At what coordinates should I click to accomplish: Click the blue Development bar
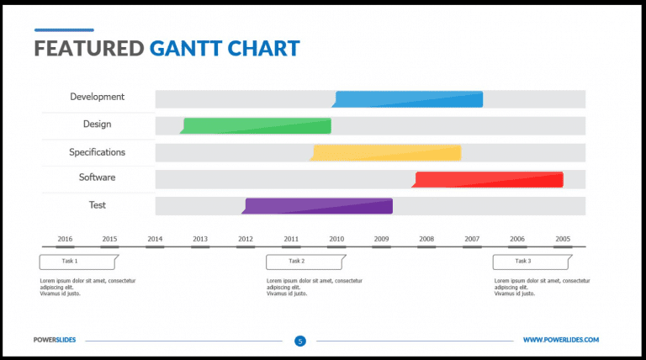coord(409,99)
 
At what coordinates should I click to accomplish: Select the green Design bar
coord(257,126)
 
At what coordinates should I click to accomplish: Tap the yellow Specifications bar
coord(387,152)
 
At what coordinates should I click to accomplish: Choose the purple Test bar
coord(319,206)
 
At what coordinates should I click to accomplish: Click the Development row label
coord(97,97)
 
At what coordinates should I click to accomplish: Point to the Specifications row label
coord(97,152)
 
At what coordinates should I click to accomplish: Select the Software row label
coord(97,177)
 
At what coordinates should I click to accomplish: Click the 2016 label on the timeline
coord(65,239)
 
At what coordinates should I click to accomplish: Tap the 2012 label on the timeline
coord(246,239)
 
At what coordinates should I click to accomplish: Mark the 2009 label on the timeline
coord(381,239)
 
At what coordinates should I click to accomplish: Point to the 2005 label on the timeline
coord(562,239)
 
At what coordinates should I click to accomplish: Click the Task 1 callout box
coord(77,262)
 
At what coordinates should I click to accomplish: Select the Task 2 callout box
coord(304,262)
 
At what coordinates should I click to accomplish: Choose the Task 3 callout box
coord(530,262)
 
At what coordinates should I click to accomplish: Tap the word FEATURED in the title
coord(88,48)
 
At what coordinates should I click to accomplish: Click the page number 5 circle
coord(299,341)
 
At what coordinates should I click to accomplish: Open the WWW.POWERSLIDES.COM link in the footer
coord(560,340)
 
